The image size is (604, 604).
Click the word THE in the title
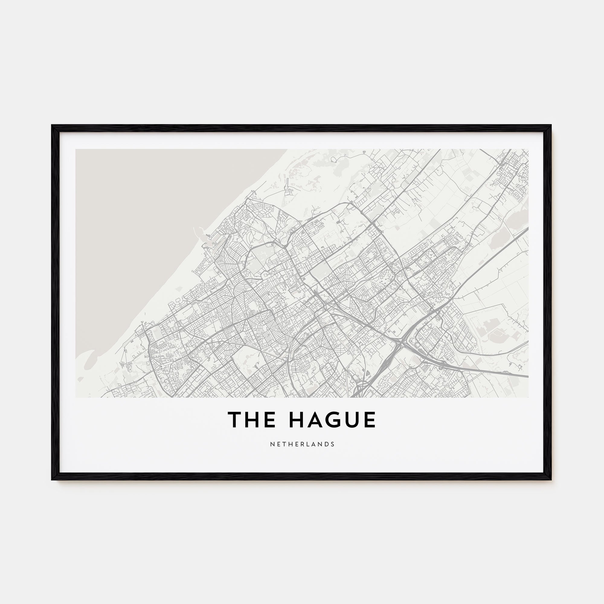252,420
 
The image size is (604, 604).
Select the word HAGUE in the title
332,420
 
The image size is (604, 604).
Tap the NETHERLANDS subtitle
302,444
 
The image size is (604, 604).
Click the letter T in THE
234,420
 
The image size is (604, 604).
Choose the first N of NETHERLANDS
271,444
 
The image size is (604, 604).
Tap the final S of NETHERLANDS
333,444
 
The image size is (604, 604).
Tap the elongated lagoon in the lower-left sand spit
90,363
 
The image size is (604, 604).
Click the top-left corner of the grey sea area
76,150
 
